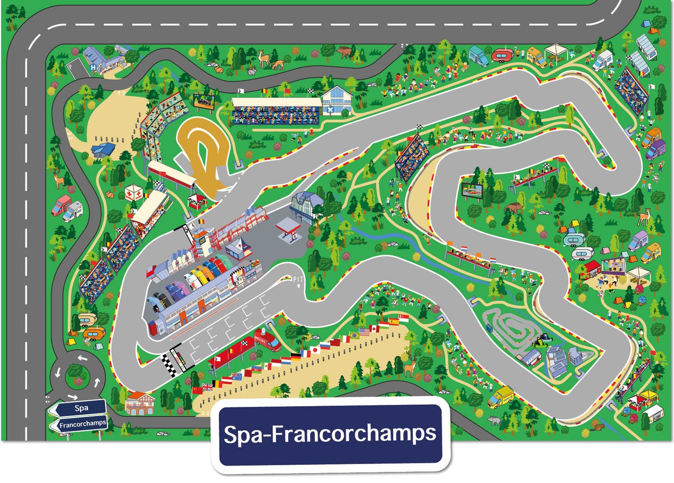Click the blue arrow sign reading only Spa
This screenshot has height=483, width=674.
click(x=79, y=408)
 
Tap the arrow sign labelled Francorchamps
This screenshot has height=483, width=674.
click(x=80, y=424)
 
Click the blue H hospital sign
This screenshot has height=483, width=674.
click(x=93, y=68)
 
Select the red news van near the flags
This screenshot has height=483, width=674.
click(x=267, y=339)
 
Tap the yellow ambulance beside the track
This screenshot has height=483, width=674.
click(x=500, y=396)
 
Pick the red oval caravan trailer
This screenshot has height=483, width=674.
click(x=501, y=56)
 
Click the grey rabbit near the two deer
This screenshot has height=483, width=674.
click(x=251, y=72)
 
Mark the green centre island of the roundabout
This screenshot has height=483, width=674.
click(x=77, y=374)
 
